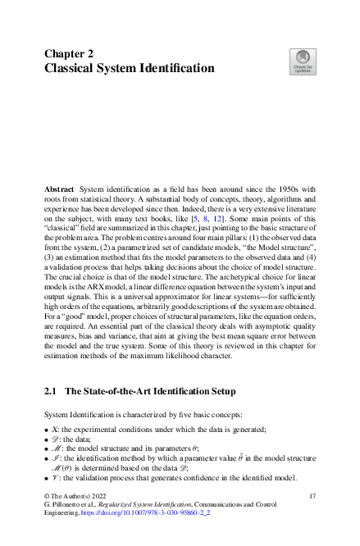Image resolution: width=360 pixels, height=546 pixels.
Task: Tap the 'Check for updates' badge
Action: [301, 60]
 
